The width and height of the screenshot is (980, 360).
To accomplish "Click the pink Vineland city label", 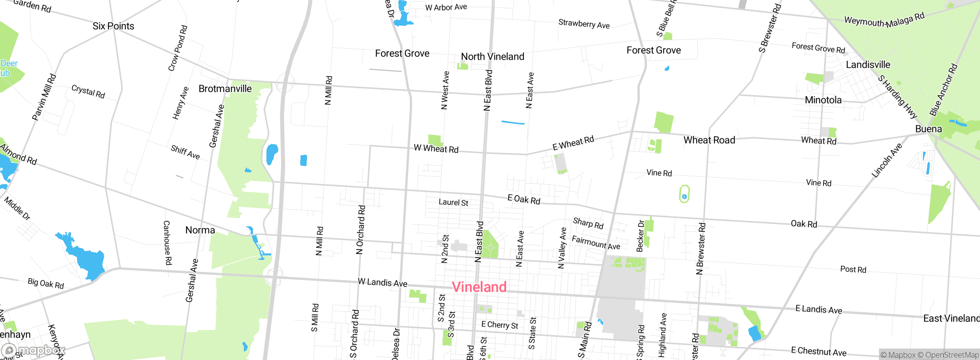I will click(x=479, y=287).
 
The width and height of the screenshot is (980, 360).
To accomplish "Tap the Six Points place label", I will click(x=113, y=26).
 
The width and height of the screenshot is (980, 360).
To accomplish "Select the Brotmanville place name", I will click(x=225, y=89).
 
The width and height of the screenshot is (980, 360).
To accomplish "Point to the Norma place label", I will click(x=200, y=230).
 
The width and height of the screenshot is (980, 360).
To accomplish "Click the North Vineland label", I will click(x=492, y=57).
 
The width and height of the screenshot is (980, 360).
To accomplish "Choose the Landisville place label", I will click(x=868, y=65).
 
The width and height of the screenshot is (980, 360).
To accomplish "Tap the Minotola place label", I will click(x=823, y=100).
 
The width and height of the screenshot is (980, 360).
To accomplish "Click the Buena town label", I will click(x=928, y=129).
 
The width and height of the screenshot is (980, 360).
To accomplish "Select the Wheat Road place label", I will click(x=709, y=140).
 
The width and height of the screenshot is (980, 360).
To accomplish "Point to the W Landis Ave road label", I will click(x=382, y=283).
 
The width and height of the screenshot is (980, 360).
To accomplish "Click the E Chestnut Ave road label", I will click(x=818, y=351).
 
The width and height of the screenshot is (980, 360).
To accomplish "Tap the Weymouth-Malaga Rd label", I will click(x=884, y=20).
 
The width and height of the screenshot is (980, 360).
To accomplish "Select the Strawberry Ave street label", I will click(x=584, y=24).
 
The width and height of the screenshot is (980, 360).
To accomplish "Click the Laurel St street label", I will click(x=453, y=202).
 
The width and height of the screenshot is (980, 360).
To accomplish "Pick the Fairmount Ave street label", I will click(x=596, y=242).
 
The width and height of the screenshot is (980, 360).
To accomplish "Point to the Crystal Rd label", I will click(x=88, y=92).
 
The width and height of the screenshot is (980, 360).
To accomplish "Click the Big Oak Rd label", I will click(x=46, y=283).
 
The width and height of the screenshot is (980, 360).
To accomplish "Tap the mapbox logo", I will click(x=34, y=350).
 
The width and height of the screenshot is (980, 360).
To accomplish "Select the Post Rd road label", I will click(x=853, y=269).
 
